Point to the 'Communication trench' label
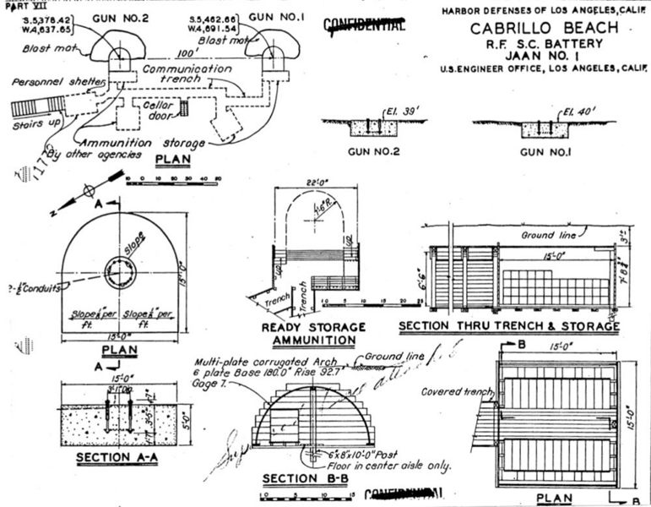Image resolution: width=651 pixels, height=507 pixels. (x=187, y=74)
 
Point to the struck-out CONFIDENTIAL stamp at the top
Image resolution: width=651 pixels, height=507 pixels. (x=365, y=25)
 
